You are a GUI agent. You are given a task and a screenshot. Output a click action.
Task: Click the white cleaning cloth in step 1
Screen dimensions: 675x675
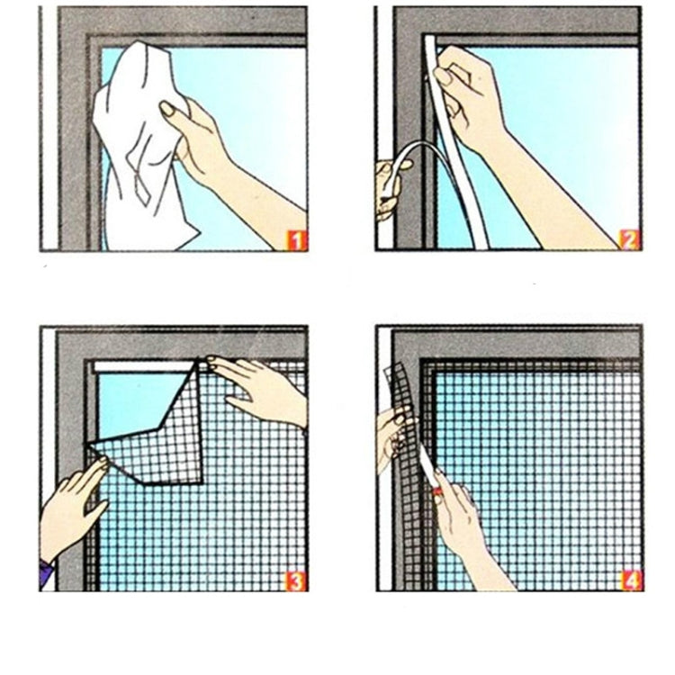[135, 144]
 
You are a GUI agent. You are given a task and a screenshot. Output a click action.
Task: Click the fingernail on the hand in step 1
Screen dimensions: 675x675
[166, 109]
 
